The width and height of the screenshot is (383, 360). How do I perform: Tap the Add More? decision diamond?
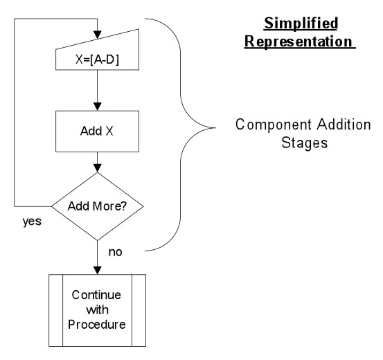pyautogui.click(x=101, y=206)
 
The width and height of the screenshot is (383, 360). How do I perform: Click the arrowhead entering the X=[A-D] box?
pyautogui.click(x=101, y=35)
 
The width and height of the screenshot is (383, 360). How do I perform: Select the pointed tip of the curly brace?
pyautogui.click(x=215, y=127)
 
